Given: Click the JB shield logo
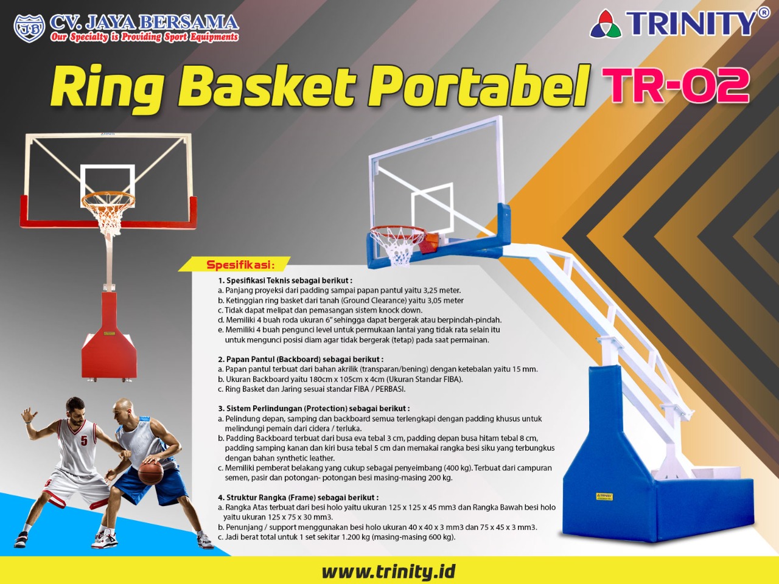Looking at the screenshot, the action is coord(29,28).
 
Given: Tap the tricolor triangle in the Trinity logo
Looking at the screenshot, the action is coord(606,23).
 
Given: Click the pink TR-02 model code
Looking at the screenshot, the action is coord(678,85).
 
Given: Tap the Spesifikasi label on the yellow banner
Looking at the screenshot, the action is coord(240,265).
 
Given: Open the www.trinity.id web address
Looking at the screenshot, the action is coord(388,571).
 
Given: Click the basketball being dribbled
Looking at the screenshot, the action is coord(150,472).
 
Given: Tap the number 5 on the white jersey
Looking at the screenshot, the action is coord(84,440).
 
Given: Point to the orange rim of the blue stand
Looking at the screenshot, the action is coord(398,234).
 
